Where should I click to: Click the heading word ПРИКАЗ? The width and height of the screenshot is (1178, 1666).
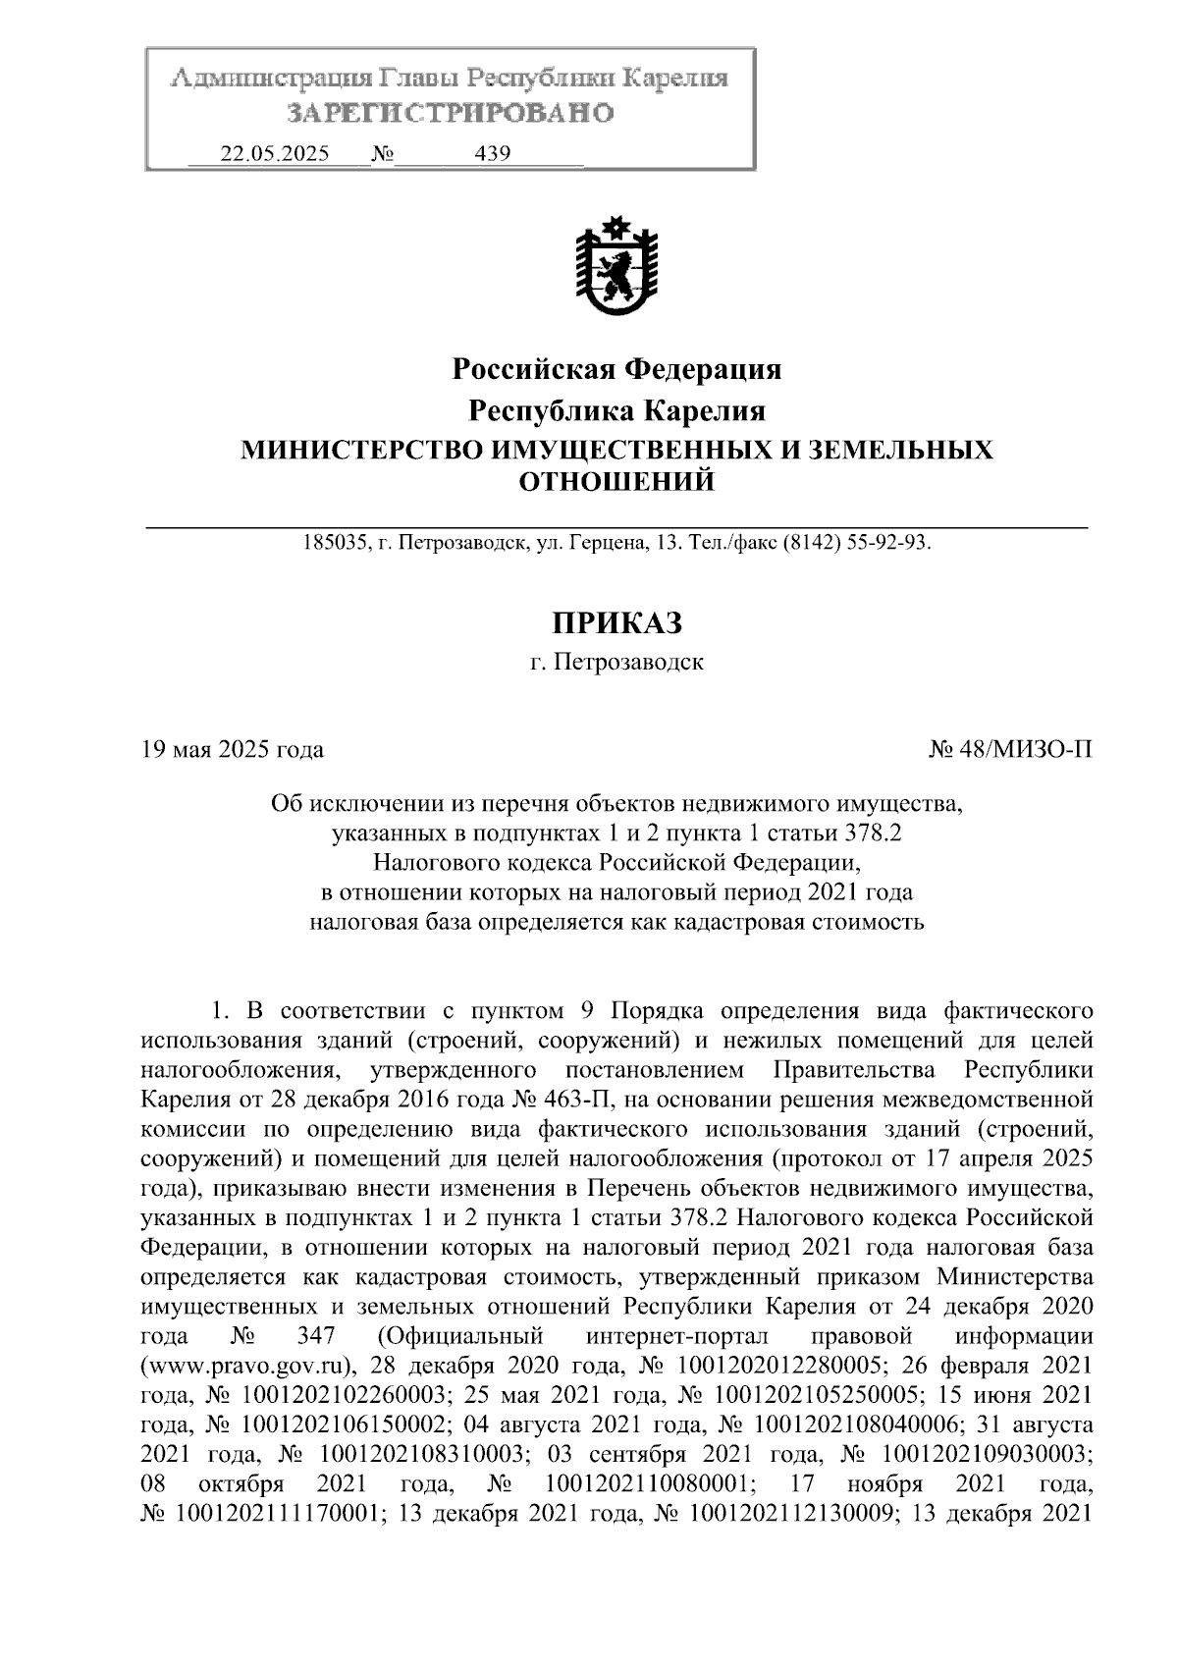(x=616, y=622)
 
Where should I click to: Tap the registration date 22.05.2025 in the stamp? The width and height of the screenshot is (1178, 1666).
(x=275, y=154)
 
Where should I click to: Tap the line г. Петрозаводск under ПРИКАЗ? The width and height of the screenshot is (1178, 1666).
(x=616, y=663)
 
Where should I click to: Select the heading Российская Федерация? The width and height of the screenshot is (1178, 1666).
(x=616, y=369)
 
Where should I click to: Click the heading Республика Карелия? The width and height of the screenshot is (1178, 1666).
(x=616, y=409)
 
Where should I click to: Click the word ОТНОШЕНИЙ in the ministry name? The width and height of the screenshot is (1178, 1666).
(x=616, y=481)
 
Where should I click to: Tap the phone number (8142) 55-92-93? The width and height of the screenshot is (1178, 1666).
(x=855, y=542)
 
